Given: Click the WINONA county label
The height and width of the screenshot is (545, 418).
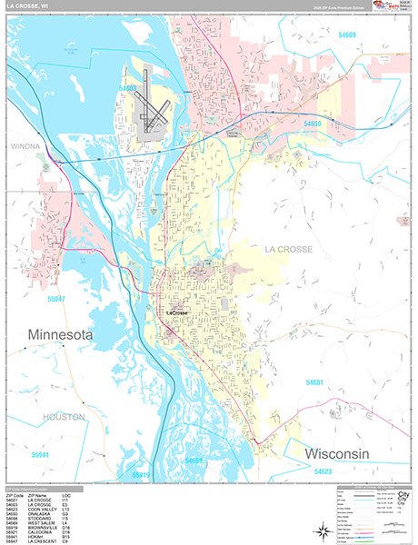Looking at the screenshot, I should (26, 145).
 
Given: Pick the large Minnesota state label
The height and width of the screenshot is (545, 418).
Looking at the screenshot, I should (61, 335).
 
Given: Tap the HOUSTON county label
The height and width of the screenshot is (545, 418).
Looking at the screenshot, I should (61, 417).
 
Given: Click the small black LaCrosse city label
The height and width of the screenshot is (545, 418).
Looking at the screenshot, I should (181, 313).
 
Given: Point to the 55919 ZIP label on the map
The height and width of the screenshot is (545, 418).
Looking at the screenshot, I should (141, 475).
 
